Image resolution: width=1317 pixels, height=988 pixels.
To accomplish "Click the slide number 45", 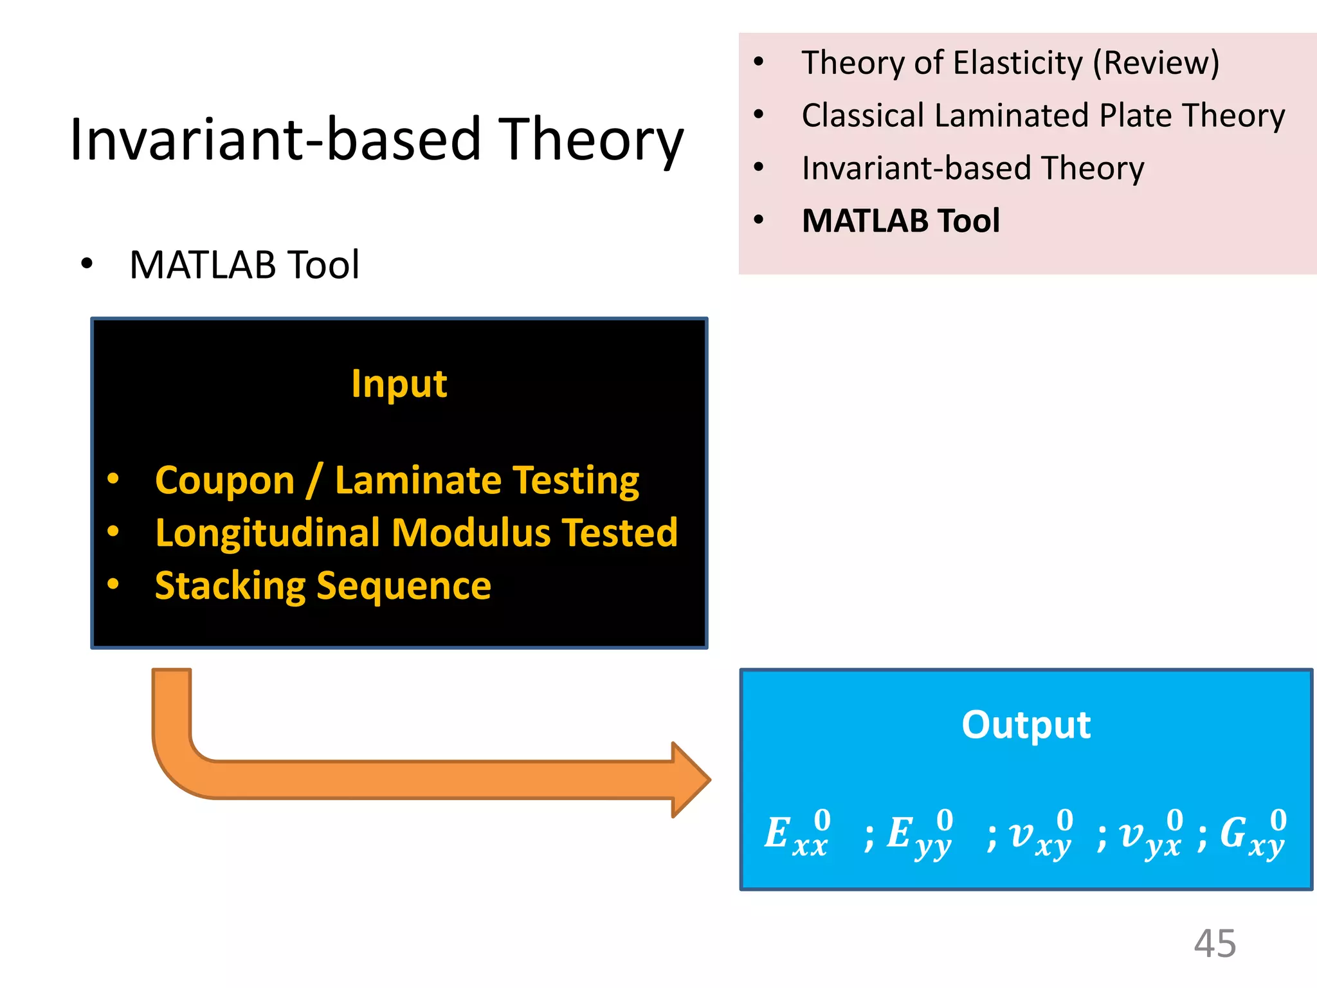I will pyautogui.click(x=1215, y=944).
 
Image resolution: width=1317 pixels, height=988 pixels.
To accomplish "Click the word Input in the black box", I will pyautogui.click(x=399, y=384).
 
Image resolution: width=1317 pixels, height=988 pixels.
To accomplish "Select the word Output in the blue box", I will pyautogui.click(x=1026, y=725).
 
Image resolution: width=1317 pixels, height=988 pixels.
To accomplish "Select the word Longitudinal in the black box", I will pyautogui.click(x=268, y=533).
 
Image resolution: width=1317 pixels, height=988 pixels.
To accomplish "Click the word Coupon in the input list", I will pyautogui.click(x=224, y=480).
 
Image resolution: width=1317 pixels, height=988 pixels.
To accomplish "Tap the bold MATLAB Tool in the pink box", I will pyautogui.click(x=900, y=221).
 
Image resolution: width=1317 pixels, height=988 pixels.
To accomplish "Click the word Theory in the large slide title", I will pyautogui.click(x=591, y=140).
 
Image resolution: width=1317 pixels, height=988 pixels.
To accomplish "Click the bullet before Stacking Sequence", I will pyautogui.click(x=113, y=584).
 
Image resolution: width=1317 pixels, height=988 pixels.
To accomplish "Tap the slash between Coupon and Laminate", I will pyautogui.click(x=314, y=480).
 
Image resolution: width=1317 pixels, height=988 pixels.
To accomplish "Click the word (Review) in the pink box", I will pyautogui.click(x=1156, y=63).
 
